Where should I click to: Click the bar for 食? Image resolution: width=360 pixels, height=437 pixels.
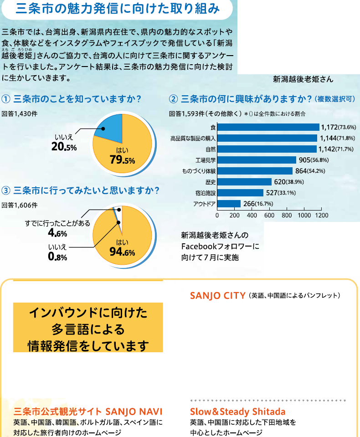click(268, 127)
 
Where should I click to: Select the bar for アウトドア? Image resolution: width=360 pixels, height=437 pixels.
click(229, 203)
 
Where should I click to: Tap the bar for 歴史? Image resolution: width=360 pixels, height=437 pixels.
click(244, 181)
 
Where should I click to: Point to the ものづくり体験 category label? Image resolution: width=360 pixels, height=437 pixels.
click(199, 171)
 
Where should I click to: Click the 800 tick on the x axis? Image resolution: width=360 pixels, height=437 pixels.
click(287, 215)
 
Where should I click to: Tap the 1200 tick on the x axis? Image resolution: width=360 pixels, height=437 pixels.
click(321, 215)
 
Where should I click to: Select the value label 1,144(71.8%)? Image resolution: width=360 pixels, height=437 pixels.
click(337, 138)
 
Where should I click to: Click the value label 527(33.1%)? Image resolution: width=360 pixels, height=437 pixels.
click(281, 192)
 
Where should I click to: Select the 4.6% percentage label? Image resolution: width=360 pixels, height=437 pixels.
click(57, 234)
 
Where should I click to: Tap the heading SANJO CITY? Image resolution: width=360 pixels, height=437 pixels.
click(218, 296)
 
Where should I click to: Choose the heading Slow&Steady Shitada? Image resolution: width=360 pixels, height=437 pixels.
click(237, 412)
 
